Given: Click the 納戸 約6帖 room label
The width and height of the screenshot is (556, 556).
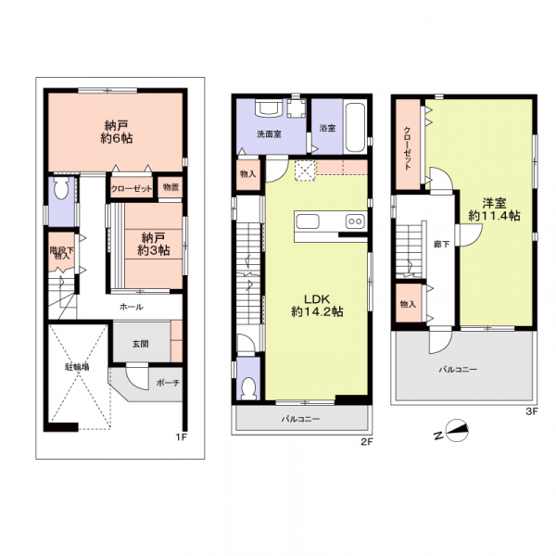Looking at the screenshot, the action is (x=117, y=132).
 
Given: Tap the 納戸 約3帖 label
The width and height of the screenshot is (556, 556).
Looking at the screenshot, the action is (x=154, y=244).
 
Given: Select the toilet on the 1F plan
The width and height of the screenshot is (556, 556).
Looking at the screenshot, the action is (x=61, y=188).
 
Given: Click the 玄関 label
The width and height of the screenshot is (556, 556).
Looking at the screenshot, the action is (x=141, y=344).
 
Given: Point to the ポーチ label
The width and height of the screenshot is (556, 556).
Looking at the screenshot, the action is (x=168, y=383).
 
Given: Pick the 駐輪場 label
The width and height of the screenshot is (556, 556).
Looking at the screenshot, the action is (x=77, y=367).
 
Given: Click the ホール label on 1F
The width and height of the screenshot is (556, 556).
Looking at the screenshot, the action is (x=132, y=307).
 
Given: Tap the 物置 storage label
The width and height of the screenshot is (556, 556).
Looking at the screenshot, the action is (x=171, y=187).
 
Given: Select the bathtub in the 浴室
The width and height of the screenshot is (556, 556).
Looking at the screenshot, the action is (x=355, y=128).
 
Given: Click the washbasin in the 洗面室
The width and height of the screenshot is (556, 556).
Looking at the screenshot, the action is (x=269, y=107).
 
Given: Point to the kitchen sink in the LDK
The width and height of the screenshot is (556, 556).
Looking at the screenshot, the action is (x=308, y=221).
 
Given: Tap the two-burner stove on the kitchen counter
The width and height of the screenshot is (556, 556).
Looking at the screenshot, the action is (x=355, y=221).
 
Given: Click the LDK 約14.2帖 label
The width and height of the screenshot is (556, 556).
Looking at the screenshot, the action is (x=317, y=305).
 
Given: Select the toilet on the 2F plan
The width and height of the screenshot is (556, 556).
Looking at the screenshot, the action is (x=248, y=389).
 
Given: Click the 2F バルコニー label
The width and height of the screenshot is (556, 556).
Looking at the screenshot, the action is (x=300, y=419).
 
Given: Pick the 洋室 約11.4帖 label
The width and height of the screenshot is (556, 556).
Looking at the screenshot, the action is (x=494, y=209).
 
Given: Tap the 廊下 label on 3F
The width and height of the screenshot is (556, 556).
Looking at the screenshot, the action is (x=442, y=244).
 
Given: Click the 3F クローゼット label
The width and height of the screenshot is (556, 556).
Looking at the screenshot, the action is (x=408, y=148).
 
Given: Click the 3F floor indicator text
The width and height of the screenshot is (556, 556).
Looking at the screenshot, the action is (x=532, y=411).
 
